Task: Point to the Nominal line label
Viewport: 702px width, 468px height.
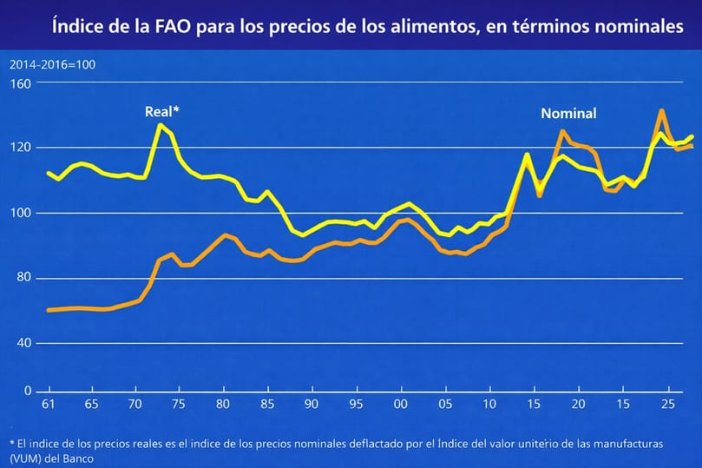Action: click(568, 114)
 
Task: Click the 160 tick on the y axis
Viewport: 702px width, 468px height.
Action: click(20, 84)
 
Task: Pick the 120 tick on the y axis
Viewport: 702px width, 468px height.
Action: click(20, 148)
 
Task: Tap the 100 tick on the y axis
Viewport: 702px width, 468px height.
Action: click(20, 213)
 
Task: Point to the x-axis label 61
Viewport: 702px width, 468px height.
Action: click(48, 405)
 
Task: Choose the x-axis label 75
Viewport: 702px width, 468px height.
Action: click(178, 405)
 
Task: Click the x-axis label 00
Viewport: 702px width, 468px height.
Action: click(400, 405)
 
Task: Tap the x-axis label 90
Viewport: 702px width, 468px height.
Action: click(311, 405)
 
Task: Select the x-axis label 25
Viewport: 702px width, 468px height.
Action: click(667, 405)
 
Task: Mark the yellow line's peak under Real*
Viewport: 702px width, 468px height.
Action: click(160, 125)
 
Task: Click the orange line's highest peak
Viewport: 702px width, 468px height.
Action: click(661, 110)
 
